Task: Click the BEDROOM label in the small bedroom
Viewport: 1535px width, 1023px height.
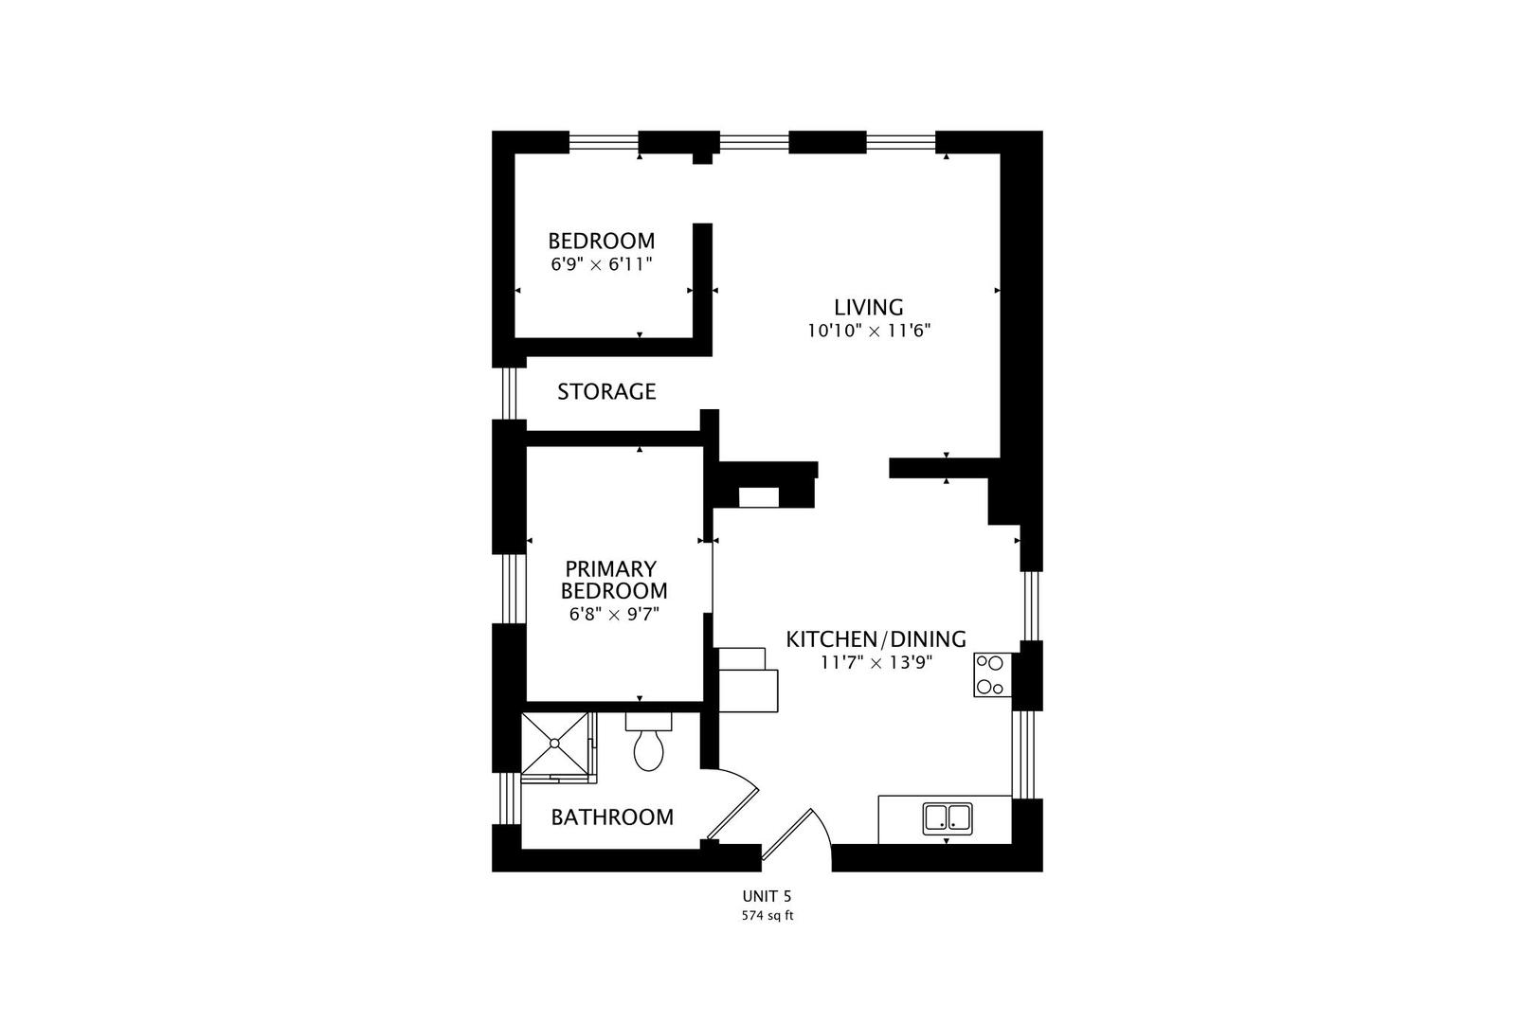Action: (x=601, y=241)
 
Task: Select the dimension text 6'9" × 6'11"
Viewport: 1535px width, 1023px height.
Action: (x=601, y=264)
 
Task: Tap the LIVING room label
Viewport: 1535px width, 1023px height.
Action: (x=868, y=307)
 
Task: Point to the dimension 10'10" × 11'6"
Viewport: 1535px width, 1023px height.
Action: (x=868, y=331)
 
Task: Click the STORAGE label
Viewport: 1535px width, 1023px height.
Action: (x=606, y=391)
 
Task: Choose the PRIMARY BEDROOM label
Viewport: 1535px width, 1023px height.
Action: (x=613, y=580)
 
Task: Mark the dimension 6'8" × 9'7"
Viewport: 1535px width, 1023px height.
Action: (x=613, y=614)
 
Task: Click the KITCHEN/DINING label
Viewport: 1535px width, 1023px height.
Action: (x=876, y=638)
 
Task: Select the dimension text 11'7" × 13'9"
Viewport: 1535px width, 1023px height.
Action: (x=876, y=662)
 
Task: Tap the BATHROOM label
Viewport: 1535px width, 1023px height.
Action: (x=612, y=817)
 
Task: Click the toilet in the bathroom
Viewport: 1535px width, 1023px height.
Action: (x=648, y=745)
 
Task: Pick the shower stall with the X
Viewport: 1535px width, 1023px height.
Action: (x=555, y=745)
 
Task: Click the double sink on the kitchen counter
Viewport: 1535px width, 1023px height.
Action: (x=948, y=818)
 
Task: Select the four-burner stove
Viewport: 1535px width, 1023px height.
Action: (x=991, y=674)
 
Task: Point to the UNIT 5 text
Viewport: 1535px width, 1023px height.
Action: (x=766, y=896)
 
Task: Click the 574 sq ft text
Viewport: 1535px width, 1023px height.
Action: (x=766, y=916)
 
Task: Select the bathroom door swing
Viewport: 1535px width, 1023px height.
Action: (x=734, y=805)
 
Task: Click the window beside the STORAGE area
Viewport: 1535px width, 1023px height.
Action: (x=509, y=392)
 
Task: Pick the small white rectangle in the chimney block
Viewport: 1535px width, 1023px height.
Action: (x=758, y=497)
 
